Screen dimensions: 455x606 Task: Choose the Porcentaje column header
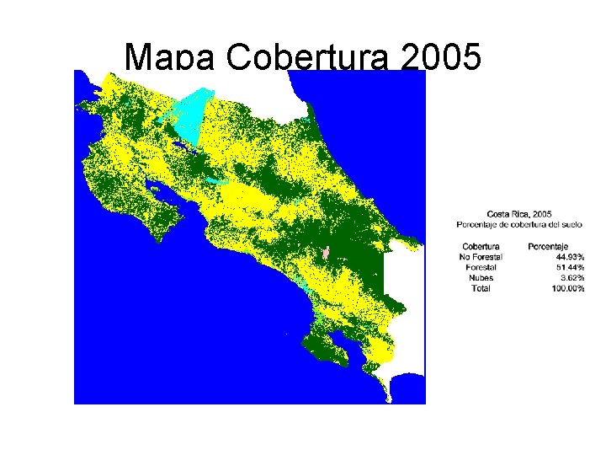pos(548,246)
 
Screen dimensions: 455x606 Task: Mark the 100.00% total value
pos(566,288)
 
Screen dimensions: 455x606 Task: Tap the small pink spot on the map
pos(326,253)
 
